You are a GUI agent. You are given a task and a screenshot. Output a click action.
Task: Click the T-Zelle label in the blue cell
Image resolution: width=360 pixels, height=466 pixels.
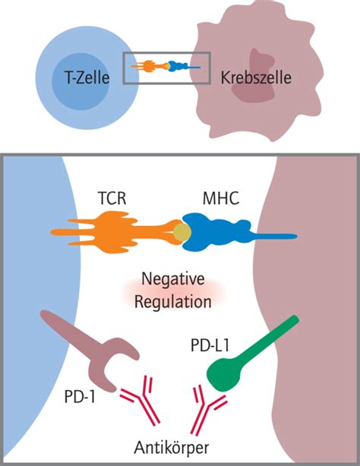84,77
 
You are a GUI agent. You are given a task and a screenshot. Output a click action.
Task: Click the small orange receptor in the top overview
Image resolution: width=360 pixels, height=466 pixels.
148,67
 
